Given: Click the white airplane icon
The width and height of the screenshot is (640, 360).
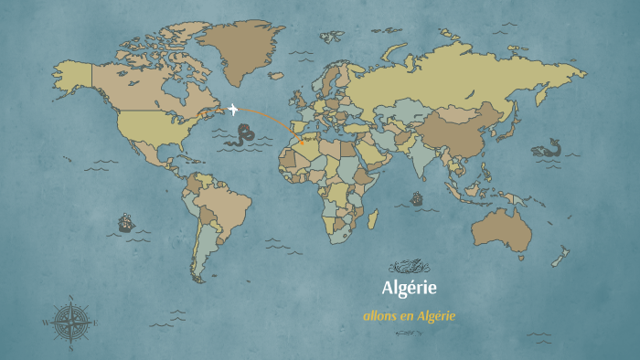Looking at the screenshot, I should click(234, 110).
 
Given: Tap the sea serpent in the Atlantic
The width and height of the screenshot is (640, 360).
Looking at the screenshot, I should click(242, 137).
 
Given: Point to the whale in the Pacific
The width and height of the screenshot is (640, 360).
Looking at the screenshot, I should click(549, 149).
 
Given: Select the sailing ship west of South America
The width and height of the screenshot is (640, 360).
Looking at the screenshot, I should click(125, 222).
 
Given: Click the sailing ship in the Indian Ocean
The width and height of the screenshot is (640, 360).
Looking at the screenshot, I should click(417, 198).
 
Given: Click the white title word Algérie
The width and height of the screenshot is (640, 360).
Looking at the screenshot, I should click(410, 288).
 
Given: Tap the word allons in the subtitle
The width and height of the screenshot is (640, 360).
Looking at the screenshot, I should click(379, 315).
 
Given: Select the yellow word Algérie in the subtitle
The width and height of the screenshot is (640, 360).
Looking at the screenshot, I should click(436, 315).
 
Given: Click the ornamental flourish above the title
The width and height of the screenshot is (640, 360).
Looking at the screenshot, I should click(409, 267).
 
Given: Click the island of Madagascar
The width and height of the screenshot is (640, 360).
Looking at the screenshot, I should click(373, 220).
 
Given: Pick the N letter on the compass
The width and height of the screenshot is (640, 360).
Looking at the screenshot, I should click(70, 298).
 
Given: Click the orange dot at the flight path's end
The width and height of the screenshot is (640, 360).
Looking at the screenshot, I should click(302, 143).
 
